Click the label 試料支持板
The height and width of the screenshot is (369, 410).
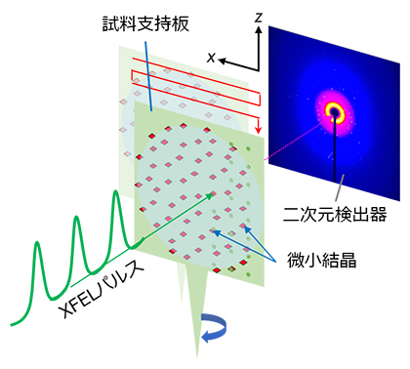142,19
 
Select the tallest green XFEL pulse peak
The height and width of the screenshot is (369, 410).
118,196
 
